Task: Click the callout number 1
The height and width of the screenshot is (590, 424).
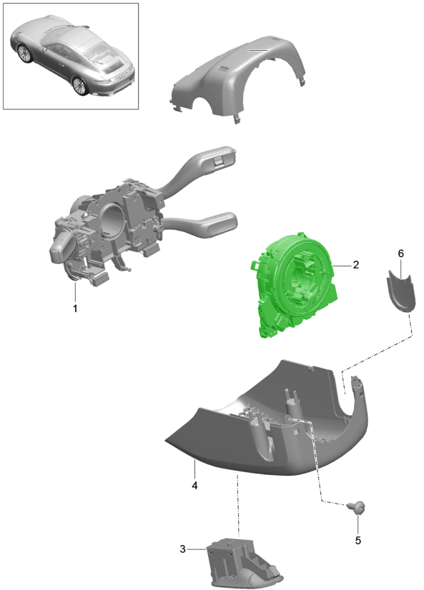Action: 75,309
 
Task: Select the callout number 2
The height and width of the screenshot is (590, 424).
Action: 356,265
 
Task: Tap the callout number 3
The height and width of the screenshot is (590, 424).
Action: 182,549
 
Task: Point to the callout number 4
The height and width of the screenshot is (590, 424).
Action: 194,486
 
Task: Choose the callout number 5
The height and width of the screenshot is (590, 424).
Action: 358,540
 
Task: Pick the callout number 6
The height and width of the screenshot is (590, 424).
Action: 400,254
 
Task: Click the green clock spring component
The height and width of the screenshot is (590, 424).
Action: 294,284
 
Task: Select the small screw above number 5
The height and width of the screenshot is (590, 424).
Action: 356,507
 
